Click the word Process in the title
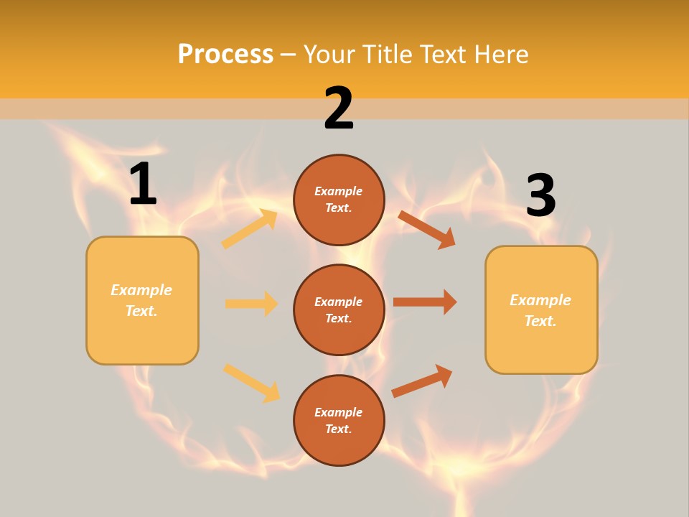[x=225, y=54]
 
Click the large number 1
[x=143, y=185]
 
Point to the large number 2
[x=339, y=108]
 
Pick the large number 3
[x=540, y=195]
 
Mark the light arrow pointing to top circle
[x=249, y=229]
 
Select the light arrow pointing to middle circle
[x=251, y=304]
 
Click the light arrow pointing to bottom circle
[x=251, y=383]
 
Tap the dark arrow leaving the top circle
[x=426, y=229]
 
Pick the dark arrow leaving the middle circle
[x=425, y=302]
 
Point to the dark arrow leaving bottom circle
[x=422, y=380]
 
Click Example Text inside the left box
[x=141, y=300]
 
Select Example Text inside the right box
[x=540, y=310]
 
